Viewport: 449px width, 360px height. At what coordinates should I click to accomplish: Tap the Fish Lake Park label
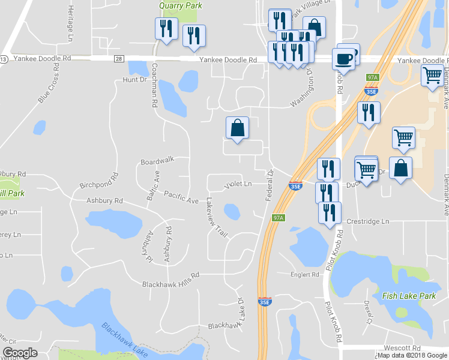(408, 296)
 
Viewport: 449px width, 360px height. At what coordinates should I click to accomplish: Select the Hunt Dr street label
(134, 80)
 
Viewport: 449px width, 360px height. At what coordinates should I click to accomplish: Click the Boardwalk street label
(157, 160)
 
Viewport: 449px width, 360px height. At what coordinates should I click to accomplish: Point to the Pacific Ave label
(181, 196)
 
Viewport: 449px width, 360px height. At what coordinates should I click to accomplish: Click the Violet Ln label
(238, 184)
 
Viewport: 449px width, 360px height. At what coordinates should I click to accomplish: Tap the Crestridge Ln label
(367, 221)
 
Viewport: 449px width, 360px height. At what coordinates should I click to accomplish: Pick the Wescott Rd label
(403, 348)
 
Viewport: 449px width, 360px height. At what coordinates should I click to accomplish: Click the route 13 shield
(4, 59)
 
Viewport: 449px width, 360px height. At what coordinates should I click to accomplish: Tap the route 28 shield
(119, 59)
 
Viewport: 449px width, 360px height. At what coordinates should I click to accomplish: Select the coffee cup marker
(343, 59)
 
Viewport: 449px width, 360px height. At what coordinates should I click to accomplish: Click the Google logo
(20, 353)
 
